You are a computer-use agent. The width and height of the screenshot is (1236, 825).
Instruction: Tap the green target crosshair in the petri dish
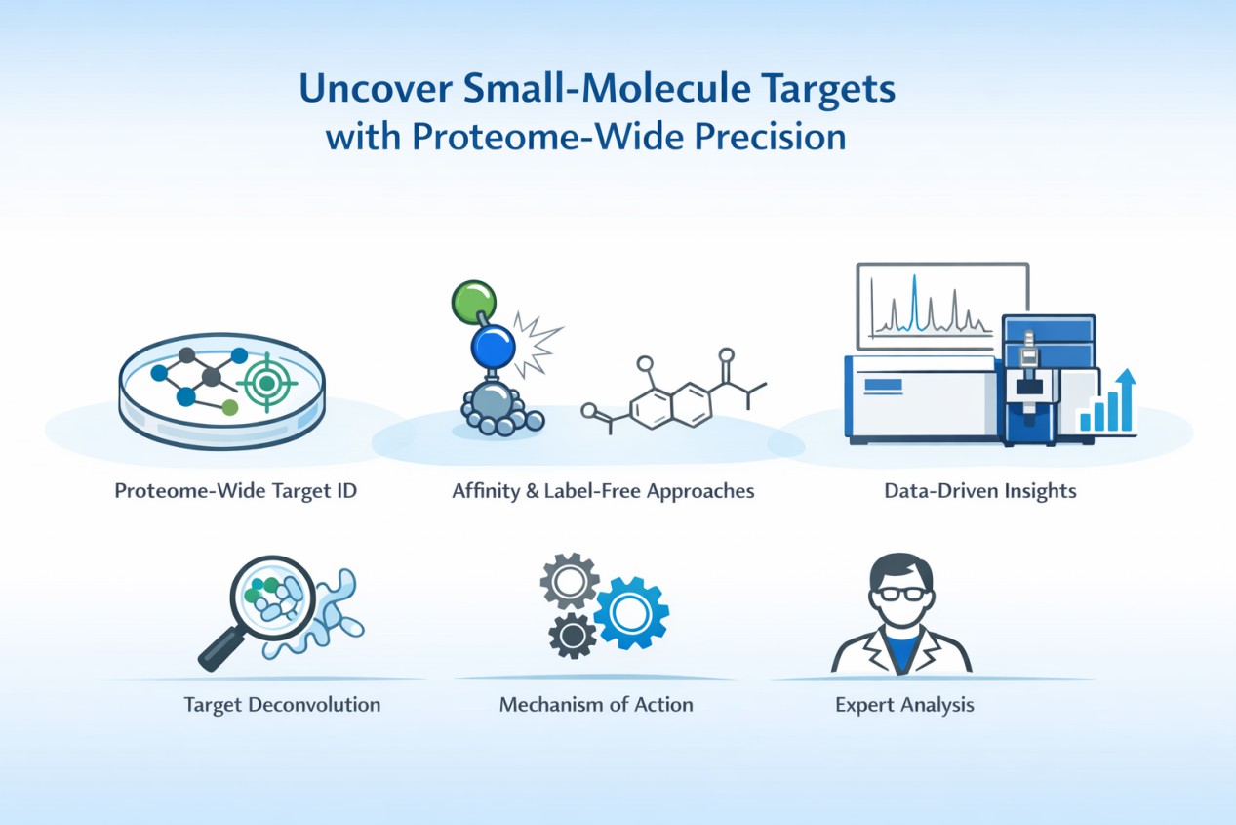pyautogui.click(x=265, y=384)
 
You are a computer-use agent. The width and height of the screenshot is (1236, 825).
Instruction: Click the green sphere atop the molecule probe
pyautogui.click(x=474, y=302)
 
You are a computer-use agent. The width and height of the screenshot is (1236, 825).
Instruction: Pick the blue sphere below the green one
pyautogui.click(x=493, y=346)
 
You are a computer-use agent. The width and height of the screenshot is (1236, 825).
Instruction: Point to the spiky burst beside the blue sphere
pyautogui.click(x=537, y=345)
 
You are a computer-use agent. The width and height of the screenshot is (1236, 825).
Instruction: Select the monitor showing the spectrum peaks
pyautogui.click(x=941, y=306)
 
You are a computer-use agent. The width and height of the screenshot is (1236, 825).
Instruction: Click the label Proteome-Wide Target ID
pyautogui.click(x=236, y=491)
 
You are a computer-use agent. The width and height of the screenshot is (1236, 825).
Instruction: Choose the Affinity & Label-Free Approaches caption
pyautogui.click(x=603, y=491)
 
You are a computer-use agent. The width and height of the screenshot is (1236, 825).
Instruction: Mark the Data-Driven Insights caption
pyautogui.click(x=980, y=491)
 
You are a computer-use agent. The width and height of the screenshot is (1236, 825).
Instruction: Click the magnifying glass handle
pyautogui.click(x=219, y=648)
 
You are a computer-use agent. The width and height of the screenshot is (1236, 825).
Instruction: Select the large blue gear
pyautogui.click(x=631, y=612)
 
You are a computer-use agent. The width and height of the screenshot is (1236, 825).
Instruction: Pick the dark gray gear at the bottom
pyautogui.click(x=573, y=636)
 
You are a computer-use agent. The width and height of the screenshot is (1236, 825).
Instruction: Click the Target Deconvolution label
pyautogui.click(x=282, y=704)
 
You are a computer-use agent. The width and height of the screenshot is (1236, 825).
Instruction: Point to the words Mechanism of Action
pyautogui.click(x=596, y=704)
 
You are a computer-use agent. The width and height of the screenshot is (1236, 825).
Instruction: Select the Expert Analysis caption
pyautogui.click(x=904, y=704)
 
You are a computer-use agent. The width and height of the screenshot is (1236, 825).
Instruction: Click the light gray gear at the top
pyautogui.click(x=569, y=582)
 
